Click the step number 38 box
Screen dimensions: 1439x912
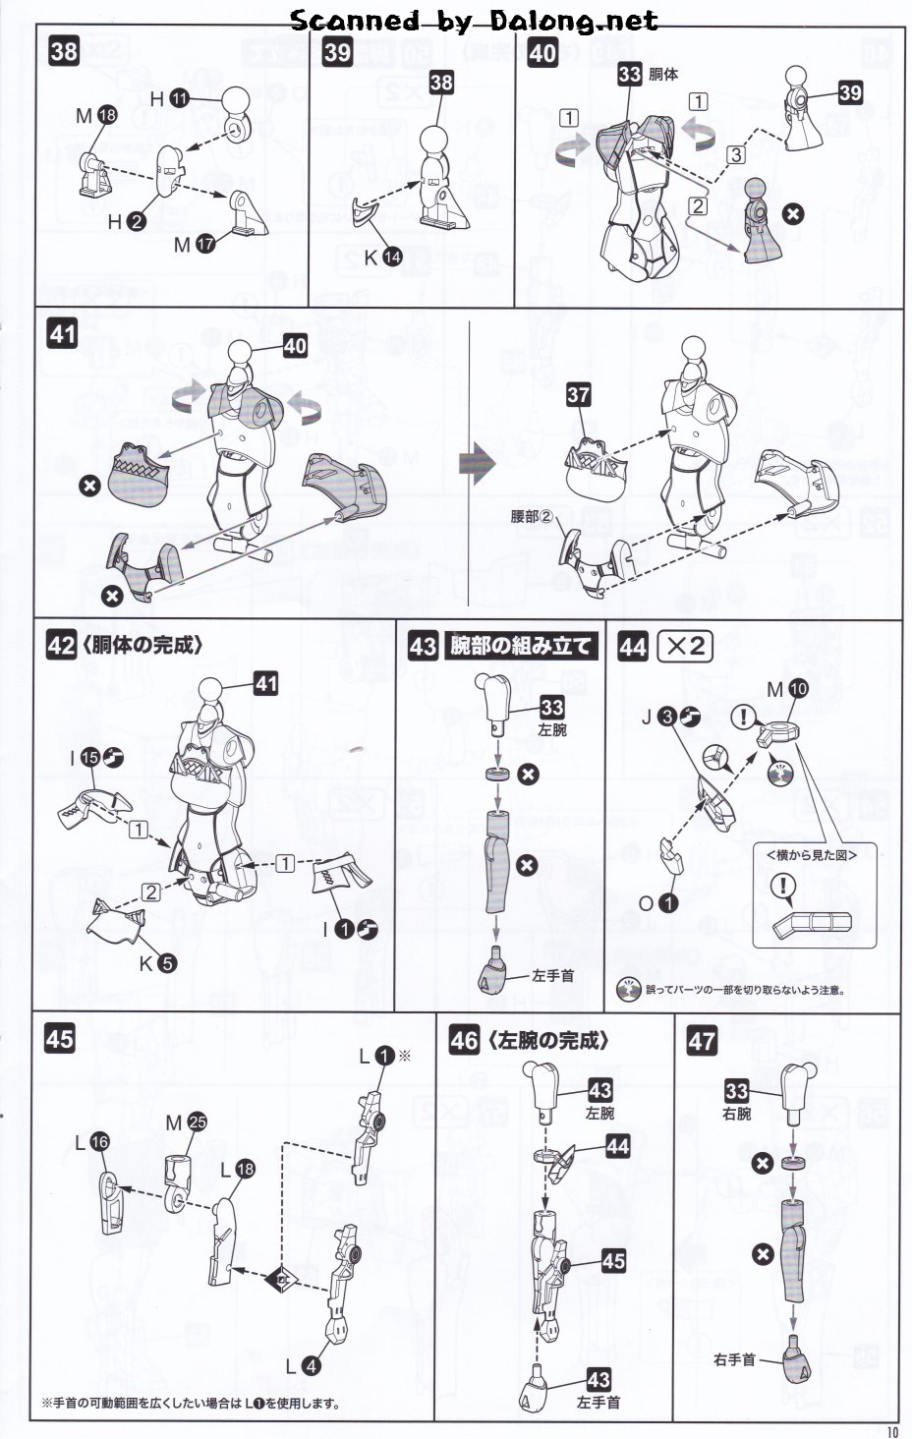64,51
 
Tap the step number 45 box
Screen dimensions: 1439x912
60,1039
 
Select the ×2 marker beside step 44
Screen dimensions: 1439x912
684,646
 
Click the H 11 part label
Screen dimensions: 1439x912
168,98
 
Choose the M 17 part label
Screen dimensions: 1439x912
194,244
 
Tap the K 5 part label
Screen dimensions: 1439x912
157,963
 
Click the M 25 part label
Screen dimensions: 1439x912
187,1122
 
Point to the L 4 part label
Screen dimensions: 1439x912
302,1366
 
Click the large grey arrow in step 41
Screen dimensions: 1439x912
478,464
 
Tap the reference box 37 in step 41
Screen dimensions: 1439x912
578,395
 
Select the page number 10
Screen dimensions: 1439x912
891,1431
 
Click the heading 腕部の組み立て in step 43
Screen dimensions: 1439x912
521,646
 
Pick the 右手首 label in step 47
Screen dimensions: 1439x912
735,1360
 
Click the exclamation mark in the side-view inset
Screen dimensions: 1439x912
783,886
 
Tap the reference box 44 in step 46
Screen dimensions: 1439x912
617,1146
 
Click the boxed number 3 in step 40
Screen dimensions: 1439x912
736,154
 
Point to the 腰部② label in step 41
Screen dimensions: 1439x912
532,516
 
